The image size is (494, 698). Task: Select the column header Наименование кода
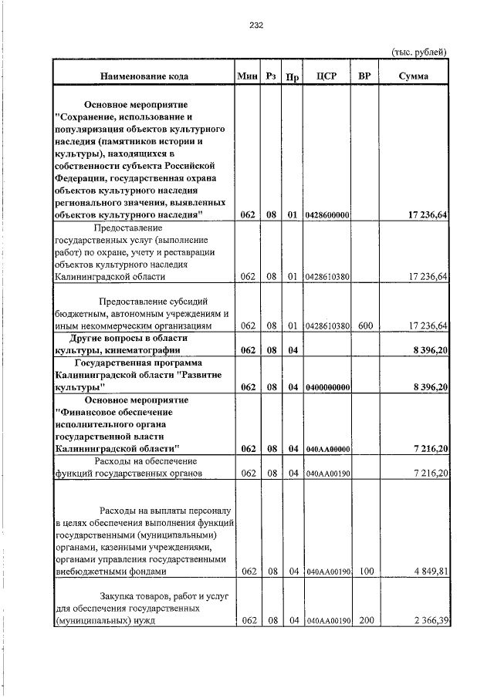(x=144, y=76)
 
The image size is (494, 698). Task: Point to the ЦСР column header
(x=325, y=76)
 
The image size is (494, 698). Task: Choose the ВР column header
(x=365, y=76)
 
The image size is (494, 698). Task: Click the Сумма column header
(x=414, y=76)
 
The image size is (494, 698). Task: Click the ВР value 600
(x=365, y=326)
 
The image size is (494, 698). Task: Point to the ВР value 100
(x=365, y=572)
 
